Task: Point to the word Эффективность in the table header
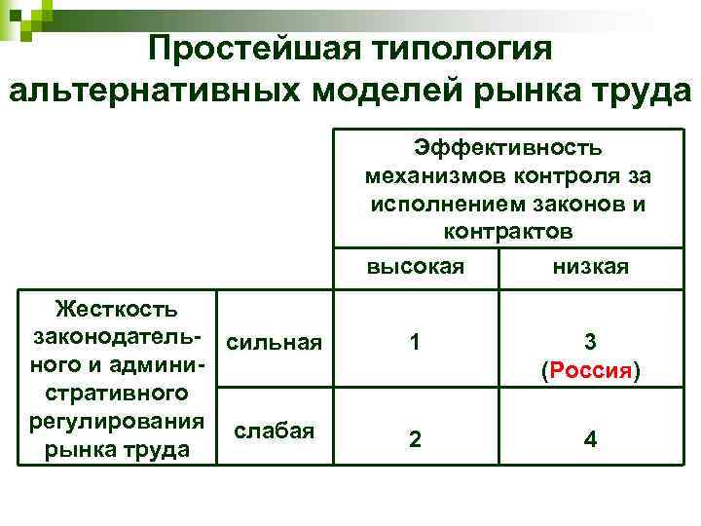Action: coord(507,147)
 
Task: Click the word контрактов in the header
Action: coord(507,232)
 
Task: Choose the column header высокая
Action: coord(415,266)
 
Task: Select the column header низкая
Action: coord(590,266)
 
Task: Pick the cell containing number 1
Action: coord(416,342)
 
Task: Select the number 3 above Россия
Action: coord(590,342)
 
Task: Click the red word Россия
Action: coord(590,371)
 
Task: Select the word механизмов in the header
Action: coord(433,176)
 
